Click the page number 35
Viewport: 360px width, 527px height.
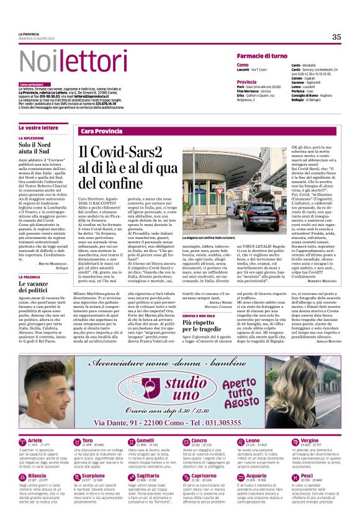coord(336,37)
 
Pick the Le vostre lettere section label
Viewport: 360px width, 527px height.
coord(38,127)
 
